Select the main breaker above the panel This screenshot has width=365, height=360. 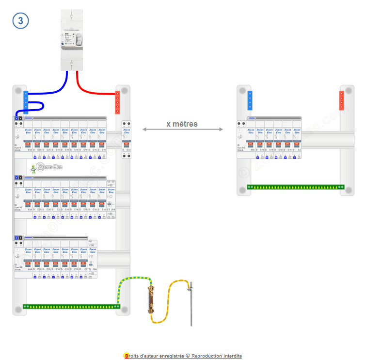click(72, 36)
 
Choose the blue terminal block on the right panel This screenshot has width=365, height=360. click(250, 101)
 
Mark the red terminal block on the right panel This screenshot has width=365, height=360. click(342, 101)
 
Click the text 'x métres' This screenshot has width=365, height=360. click(182, 124)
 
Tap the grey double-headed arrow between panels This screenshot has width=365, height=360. click(183, 130)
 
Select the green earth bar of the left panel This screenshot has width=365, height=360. click(71, 306)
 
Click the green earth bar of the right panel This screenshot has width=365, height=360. click(295, 187)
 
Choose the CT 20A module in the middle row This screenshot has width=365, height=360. click(111, 199)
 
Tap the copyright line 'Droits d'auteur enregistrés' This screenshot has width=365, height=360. click(183, 356)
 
